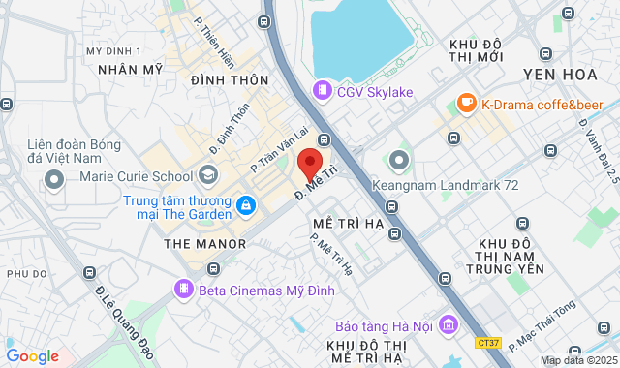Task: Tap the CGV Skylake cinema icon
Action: point(322,91)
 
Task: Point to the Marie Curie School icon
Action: point(207,175)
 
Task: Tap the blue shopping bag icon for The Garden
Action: point(246,207)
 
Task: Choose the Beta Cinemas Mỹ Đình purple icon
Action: point(182,289)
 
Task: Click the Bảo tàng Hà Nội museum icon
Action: point(447,324)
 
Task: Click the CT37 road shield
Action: point(489,342)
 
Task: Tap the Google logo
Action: point(31,355)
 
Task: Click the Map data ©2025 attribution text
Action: point(578,360)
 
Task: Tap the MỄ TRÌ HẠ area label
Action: point(348,222)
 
